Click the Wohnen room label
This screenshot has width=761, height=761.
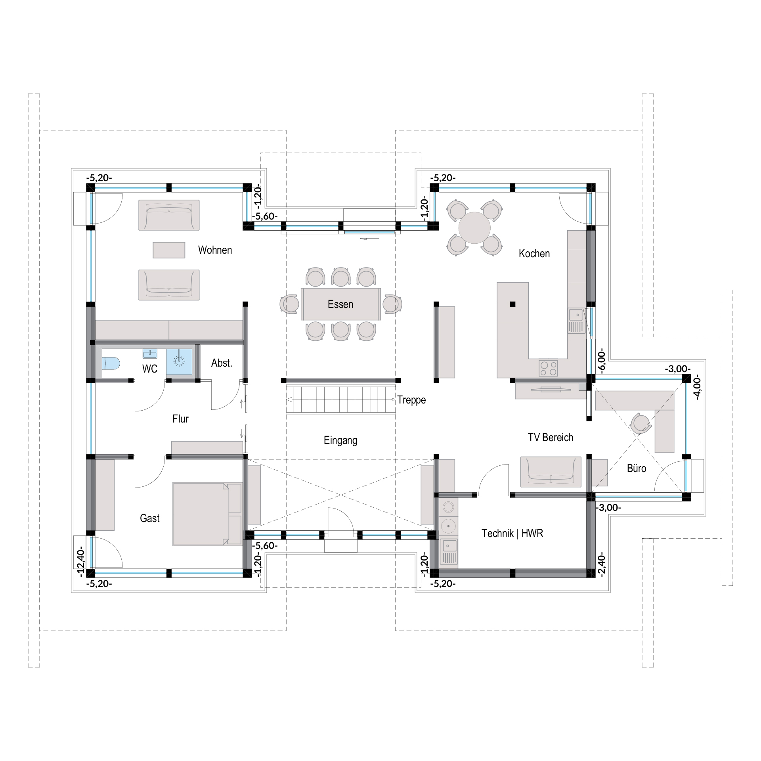[x=215, y=250]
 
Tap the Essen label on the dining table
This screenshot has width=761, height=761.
[x=340, y=304]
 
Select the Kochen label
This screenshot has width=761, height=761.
[x=534, y=254]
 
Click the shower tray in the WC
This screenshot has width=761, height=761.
[x=179, y=361]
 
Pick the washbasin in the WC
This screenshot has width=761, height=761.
[x=150, y=353]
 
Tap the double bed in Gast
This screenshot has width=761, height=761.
[x=207, y=514]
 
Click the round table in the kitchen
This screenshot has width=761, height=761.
[x=474, y=228]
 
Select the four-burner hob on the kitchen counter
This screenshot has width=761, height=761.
[x=548, y=368]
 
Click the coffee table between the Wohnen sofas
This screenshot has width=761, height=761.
[x=169, y=250]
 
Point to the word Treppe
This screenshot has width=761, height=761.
[x=411, y=400]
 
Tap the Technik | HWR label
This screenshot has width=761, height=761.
[x=512, y=533]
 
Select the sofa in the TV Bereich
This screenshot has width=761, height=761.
[x=551, y=472]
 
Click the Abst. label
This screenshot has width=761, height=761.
[x=222, y=363]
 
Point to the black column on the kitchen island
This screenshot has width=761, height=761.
[x=512, y=304]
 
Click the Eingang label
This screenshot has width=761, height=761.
[x=340, y=440]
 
